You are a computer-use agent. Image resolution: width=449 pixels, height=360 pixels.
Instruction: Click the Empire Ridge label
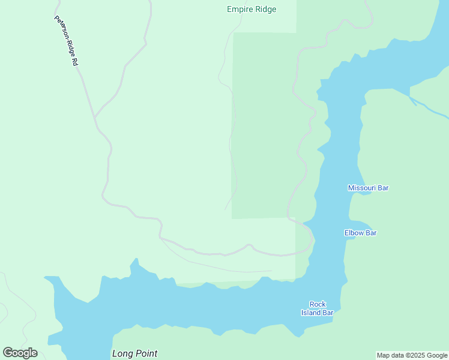point(252,9)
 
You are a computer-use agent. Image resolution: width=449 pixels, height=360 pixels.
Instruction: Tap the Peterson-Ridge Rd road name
point(67,40)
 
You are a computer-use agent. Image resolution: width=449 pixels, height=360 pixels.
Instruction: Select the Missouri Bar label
point(368,188)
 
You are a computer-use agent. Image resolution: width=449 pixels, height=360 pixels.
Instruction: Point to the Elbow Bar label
point(360,233)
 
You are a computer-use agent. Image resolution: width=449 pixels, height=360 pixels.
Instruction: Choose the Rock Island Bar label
point(317,308)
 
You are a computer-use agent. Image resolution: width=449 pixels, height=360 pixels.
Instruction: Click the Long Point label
point(134,353)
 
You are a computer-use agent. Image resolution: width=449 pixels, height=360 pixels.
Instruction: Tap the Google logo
point(20,353)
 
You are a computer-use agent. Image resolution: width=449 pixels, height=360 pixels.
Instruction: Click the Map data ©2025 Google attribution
point(412,355)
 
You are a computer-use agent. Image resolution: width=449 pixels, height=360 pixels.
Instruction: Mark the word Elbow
point(354,233)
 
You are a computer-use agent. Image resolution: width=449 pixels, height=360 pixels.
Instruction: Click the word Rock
point(318,304)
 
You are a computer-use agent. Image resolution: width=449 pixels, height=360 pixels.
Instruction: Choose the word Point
point(146,353)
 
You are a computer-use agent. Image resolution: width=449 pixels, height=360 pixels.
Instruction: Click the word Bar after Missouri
point(383,188)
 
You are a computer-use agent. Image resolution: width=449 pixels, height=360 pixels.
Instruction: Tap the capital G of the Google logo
point(8,353)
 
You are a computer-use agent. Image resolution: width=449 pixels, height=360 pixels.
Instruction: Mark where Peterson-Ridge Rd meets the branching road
point(95,117)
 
